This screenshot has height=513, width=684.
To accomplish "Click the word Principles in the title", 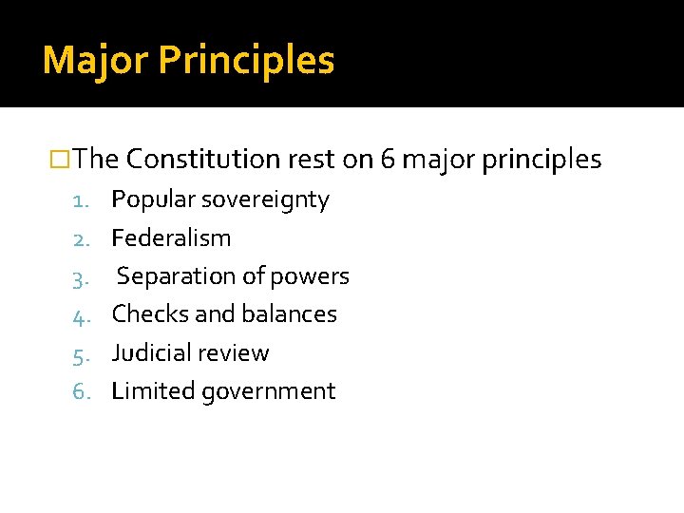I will click(x=246, y=61).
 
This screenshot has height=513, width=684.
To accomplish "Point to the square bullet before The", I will click(x=61, y=160).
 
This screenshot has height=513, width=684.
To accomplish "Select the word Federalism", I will click(x=171, y=237).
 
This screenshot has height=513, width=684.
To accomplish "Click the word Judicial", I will click(x=148, y=352).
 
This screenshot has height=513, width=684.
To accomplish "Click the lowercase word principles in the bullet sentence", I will click(x=541, y=161).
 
